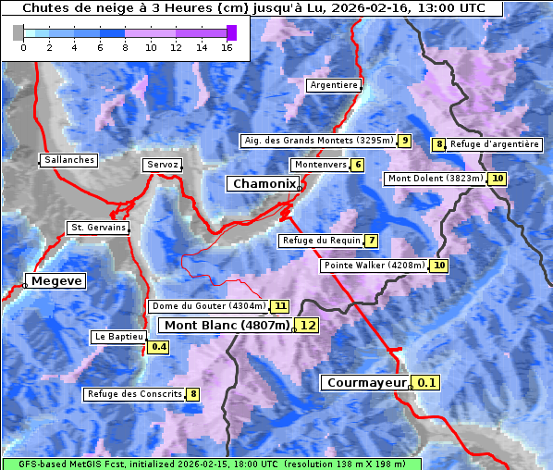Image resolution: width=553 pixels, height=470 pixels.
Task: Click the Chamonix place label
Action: [x=264, y=184]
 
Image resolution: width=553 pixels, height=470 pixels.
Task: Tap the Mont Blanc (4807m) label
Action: [x=227, y=325]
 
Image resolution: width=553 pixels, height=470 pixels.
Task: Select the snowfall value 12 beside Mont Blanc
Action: [x=308, y=325]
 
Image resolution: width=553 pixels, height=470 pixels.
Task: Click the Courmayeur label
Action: [x=366, y=382]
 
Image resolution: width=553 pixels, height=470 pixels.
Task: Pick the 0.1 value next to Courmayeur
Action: [x=426, y=382]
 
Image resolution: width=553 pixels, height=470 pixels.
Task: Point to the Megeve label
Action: [x=56, y=280]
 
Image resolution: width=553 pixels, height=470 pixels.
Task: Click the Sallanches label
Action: [x=69, y=160]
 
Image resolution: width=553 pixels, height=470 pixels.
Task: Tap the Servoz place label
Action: [x=163, y=165]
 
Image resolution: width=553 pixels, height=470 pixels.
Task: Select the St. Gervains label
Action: [x=98, y=228]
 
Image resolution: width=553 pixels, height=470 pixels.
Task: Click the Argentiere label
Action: [x=334, y=85]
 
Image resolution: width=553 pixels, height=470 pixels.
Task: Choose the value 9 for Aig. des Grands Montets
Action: [x=405, y=141]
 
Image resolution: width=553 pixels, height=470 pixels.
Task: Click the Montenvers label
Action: [x=320, y=165]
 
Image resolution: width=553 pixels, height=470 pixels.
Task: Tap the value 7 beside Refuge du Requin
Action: [x=372, y=241]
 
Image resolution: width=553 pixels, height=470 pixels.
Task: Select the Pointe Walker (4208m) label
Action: [x=375, y=266]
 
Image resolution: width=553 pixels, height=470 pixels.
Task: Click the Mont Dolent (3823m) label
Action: [x=436, y=179]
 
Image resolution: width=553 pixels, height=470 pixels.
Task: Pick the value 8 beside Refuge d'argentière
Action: [x=439, y=144]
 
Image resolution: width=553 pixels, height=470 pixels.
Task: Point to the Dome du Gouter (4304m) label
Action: [x=208, y=306]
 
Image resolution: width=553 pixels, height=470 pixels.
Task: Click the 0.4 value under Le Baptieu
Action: [x=159, y=347]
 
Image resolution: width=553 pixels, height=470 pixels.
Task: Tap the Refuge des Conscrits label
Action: [x=134, y=394]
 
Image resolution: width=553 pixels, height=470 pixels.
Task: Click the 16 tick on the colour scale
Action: [x=227, y=47]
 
